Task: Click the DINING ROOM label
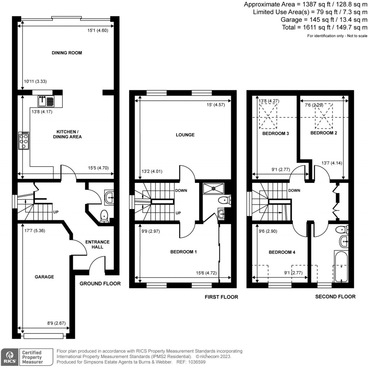(x=67, y=53)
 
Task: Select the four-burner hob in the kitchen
(x=24, y=141)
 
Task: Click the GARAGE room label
(x=44, y=277)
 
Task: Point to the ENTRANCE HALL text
(x=97, y=244)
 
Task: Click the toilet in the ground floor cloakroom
(x=104, y=216)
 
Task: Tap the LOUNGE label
(x=185, y=135)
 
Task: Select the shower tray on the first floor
(x=213, y=187)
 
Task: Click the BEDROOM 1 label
(x=183, y=252)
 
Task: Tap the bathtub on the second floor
(x=341, y=266)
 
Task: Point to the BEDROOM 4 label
(x=282, y=252)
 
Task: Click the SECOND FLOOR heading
(x=335, y=296)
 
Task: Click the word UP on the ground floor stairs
(x=56, y=212)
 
